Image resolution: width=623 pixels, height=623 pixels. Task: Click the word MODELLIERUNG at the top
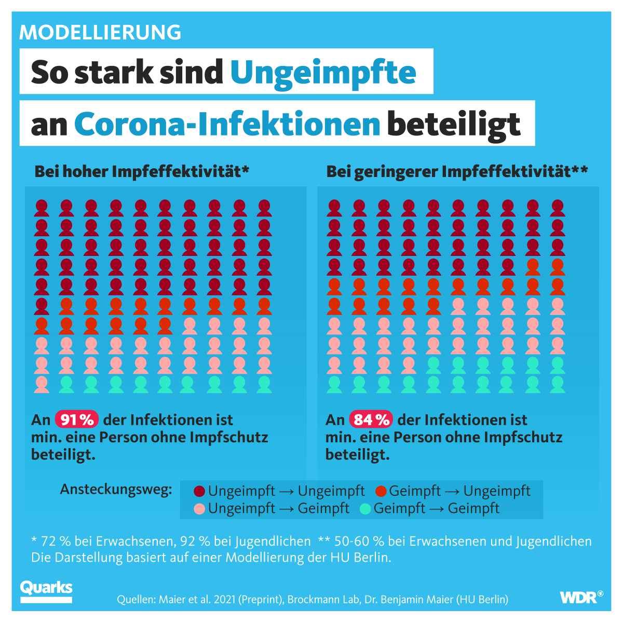[100, 32]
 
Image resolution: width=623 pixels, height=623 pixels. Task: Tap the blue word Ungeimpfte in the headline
[323, 72]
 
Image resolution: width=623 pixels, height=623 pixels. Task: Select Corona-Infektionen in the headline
[227, 124]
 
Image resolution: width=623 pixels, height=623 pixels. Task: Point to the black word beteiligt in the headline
[454, 124]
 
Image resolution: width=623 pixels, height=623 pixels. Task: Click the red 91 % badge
[77, 419]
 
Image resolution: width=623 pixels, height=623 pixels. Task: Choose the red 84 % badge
[371, 419]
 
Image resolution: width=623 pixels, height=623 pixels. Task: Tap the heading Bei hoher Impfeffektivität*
[142, 171]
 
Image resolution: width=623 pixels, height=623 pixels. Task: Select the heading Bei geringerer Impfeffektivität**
[457, 171]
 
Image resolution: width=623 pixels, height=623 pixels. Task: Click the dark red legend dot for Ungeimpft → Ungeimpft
[199, 491]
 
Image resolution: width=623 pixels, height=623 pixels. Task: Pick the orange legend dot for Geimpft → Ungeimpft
[381, 491]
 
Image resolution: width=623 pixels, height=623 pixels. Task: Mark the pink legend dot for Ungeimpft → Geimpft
[199, 508]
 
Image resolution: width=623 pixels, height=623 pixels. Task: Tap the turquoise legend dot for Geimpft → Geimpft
[365, 508]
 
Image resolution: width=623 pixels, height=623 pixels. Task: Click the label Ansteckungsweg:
[116, 490]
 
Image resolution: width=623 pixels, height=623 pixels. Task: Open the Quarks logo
[46, 591]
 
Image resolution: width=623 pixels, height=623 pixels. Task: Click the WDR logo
[581, 597]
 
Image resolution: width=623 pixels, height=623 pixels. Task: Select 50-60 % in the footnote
[358, 541]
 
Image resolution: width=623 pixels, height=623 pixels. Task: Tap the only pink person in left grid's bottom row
[42, 384]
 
